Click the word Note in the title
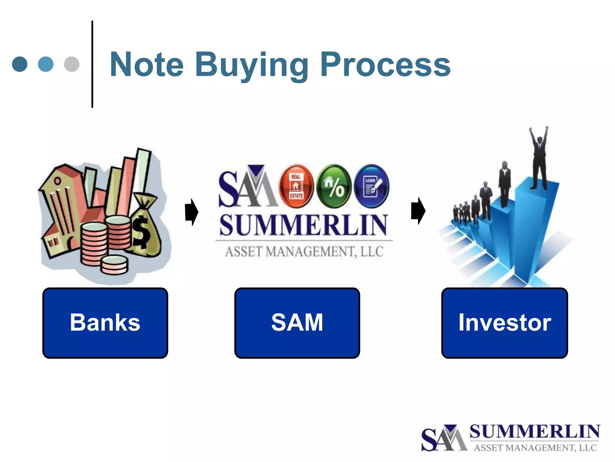(x=147, y=65)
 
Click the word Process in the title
(x=385, y=65)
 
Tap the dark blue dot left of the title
(x=20, y=64)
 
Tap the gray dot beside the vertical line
(x=72, y=64)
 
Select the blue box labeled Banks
(x=105, y=323)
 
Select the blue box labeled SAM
(x=297, y=323)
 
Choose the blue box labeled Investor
(x=504, y=323)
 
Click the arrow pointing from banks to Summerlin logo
(x=192, y=212)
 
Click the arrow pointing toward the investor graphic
(x=418, y=211)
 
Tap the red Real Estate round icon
(x=296, y=186)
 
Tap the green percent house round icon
(x=334, y=186)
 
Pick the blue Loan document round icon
(x=371, y=186)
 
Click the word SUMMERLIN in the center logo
(x=303, y=225)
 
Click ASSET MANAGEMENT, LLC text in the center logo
(x=304, y=252)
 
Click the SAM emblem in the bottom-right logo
(x=444, y=438)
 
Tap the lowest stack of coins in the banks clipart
(x=114, y=265)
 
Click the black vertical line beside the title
(x=92, y=64)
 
